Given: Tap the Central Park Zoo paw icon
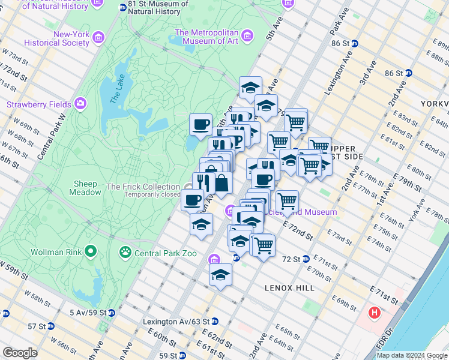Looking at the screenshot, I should pyautogui.click(x=125, y=252).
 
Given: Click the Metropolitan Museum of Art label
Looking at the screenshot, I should pyautogui.click(x=206, y=37).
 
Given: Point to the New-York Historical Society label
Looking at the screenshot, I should pyautogui.click(x=58, y=38).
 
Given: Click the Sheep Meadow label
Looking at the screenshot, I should pyautogui.click(x=87, y=188).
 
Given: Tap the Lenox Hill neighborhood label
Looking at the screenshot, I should pyautogui.click(x=290, y=288).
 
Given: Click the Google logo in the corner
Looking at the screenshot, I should pyautogui.click(x=20, y=353).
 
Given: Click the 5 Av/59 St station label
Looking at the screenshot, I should pyautogui.click(x=88, y=313).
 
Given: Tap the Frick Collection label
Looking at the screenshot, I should pyautogui.click(x=143, y=187).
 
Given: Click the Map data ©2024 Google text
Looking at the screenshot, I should pyautogui.click(x=412, y=355).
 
